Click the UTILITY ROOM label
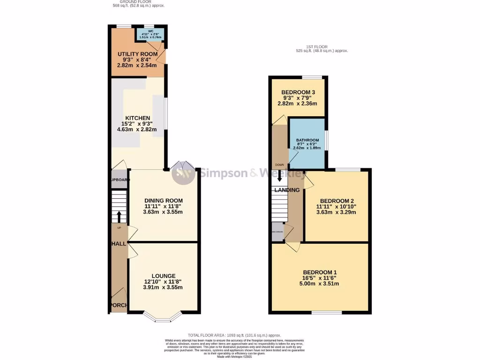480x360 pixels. coord(137,54)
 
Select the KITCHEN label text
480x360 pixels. coord(137,118)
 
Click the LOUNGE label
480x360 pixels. coord(163,276)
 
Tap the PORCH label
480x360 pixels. coord(118,305)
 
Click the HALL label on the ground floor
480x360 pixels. coord(119,244)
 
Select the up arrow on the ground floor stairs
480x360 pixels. coord(119,217)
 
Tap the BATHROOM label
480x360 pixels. coord(307,140)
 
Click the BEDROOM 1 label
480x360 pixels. coord(320,272)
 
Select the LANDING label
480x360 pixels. coord(287,190)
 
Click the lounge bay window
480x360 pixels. coord(163,319)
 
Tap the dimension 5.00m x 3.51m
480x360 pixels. coord(320,284)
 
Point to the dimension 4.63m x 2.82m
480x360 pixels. coord(137,129)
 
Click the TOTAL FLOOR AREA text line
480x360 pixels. coord(234,335)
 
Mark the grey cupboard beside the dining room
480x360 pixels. coord(119,180)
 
